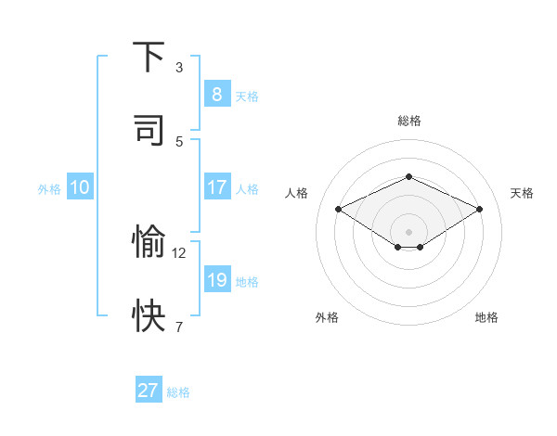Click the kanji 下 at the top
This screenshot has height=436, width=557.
149,58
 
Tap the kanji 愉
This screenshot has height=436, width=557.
149,242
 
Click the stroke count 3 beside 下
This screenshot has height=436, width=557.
179,67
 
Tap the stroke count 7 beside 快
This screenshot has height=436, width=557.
179,327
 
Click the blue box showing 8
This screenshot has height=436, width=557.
216,95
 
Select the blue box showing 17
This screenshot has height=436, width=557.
216,187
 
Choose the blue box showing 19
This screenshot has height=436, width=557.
216,280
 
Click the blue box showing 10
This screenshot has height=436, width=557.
80,187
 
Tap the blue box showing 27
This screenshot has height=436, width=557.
149,391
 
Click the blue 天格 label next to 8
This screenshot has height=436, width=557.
247,96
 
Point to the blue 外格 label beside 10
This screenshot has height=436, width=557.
49,188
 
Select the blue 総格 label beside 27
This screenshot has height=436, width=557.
179,391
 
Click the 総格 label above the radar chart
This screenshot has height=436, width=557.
408,121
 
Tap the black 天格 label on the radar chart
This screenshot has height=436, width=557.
522,193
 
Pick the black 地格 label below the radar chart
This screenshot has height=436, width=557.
486,317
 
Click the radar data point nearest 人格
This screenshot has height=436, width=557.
338,210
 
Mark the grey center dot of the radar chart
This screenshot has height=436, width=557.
408,231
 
